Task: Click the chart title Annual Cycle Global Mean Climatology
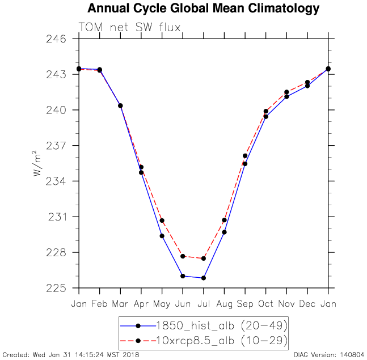204,9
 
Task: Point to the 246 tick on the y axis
60,39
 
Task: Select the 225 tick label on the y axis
60,288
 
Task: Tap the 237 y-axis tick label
60,146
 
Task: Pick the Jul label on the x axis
203,303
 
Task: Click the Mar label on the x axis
120,303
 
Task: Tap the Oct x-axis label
265,303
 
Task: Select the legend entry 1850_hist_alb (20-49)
204,325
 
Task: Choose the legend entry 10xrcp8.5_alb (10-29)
204,340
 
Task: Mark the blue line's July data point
203,278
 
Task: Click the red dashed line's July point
203,259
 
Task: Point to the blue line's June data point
183,276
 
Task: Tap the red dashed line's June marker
183,256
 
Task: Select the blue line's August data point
224,232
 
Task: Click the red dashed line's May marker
162,221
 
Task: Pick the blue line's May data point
162,236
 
